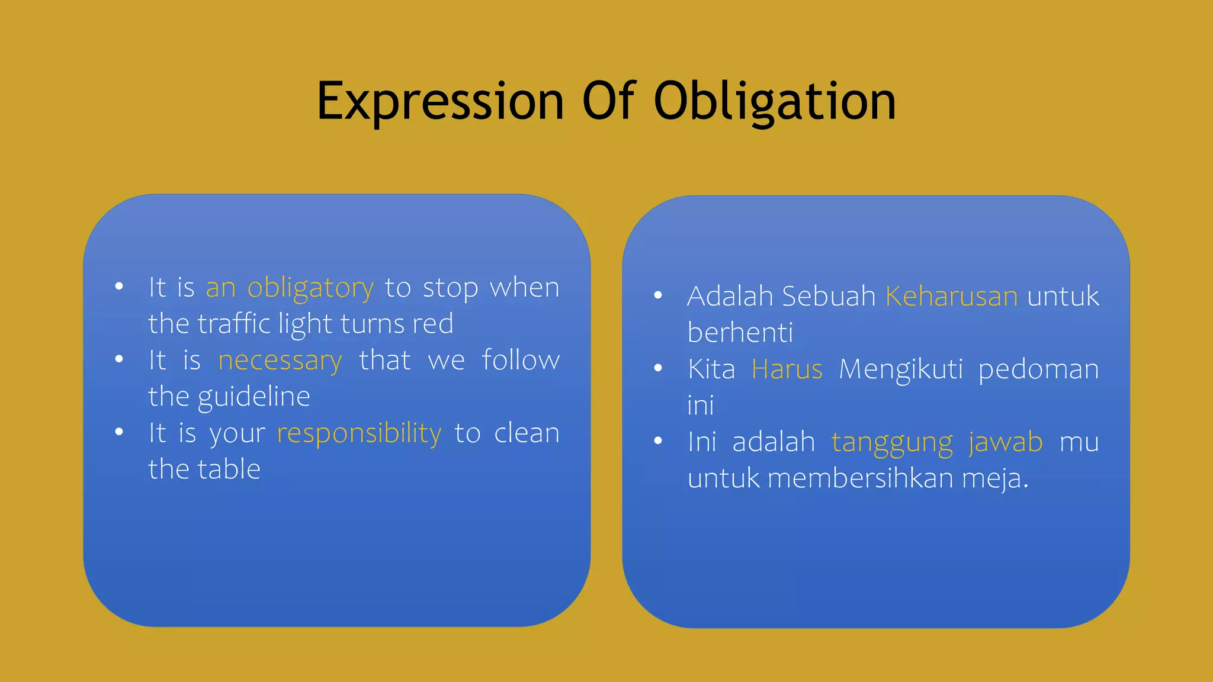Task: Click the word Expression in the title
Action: click(439, 102)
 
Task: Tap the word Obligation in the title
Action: click(775, 102)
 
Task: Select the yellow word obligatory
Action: click(310, 288)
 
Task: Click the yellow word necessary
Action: click(280, 361)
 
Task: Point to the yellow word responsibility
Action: click(359, 434)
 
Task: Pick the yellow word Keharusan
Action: click(951, 296)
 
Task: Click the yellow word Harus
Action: click(787, 369)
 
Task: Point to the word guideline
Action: click(253, 397)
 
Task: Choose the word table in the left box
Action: click(229, 469)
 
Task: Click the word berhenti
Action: click(740, 333)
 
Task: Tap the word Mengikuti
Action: click(900, 369)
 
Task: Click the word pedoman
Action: click(1038, 369)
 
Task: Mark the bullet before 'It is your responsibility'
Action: click(119, 432)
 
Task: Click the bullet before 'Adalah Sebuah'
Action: click(657, 295)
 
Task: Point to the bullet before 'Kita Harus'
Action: click(657, 368)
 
